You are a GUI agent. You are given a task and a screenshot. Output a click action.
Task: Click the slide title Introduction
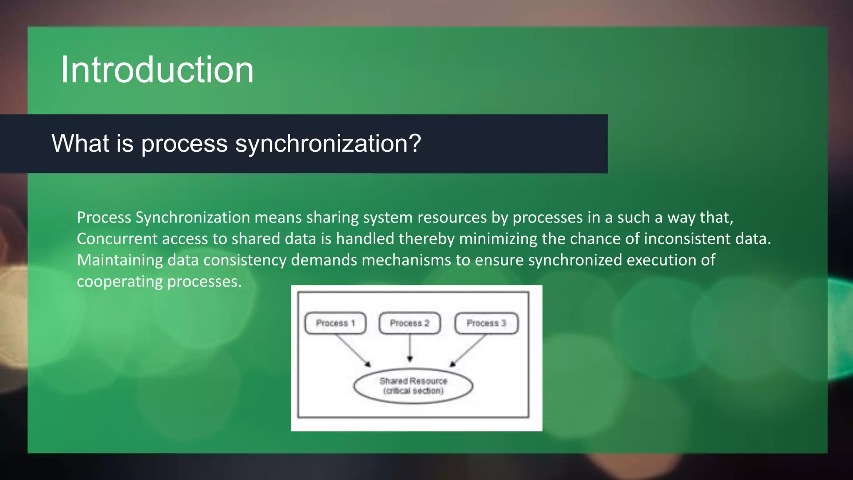click(x=157, y=70)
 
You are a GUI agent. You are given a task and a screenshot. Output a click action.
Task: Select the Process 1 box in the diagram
click(x=335, y=323)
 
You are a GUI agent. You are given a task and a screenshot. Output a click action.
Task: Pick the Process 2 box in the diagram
click(x=409, y=323)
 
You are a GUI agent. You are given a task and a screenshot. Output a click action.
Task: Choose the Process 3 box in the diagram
click(x=486, y=323)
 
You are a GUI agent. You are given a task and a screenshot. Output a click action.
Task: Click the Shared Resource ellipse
click(x=413, y=386)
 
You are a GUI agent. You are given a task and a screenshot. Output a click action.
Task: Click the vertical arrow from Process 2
click(x=410, y=347)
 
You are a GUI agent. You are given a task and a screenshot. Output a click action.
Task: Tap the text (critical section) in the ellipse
click(x=413, y=391)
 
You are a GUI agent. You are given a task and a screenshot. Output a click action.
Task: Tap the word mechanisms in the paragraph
click(x=406, y=260)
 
